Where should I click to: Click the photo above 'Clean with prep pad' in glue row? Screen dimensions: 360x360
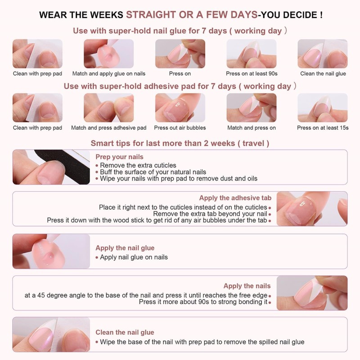coord(37,54)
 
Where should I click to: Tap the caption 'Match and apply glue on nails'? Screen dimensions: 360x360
coord(109,74)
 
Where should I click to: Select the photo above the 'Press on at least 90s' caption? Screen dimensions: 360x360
coord(251,54)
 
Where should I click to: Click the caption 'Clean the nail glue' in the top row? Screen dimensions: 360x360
coord(323,74)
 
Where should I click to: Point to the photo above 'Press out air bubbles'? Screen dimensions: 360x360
coord(180,108)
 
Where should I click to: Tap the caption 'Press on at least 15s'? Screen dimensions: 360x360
coord(323,128)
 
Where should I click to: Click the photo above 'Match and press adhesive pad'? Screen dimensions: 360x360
coord(109,108)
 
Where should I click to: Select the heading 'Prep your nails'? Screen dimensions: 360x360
coord(119,157)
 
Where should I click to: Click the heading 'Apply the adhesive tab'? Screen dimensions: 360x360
coord(235,198)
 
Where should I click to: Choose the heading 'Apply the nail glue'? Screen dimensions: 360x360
coord(125,248)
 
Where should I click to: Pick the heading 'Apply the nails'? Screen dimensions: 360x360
coord(247,286)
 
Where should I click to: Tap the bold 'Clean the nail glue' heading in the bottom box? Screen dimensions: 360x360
coord(125,333)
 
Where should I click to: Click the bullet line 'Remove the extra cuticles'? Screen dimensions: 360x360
coord(138,166)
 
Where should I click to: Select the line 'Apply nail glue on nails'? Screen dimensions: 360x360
coord(134,257)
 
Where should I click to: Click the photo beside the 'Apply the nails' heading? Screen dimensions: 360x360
coord(311,293)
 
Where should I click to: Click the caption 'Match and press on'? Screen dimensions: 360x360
coord(251,128)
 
